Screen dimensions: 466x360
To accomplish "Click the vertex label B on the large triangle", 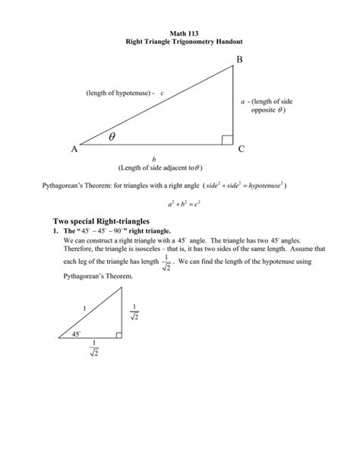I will click(242, 59).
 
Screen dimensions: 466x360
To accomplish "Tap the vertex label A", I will click(74, 150).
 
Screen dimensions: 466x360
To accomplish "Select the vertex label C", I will click(242, 150).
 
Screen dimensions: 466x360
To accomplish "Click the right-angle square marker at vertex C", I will click(227, 139).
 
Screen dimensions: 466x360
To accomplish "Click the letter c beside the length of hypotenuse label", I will click(162, 93).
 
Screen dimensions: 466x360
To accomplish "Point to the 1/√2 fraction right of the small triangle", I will click(134, 312).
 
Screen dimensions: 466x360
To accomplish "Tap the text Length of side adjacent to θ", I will click(159, 167).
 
